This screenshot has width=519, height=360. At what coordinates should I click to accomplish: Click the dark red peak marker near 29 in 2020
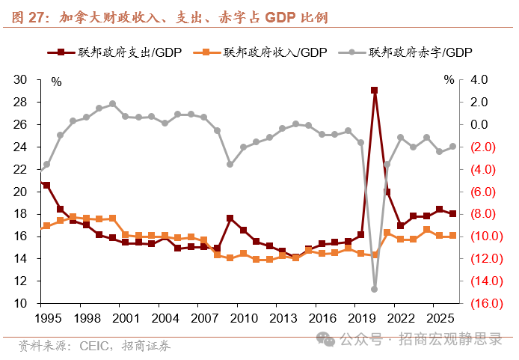(x=374, y=91)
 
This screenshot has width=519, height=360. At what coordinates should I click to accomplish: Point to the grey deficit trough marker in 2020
(x=374, y=289)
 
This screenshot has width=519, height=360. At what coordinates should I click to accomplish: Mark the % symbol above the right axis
(x=448, y=79)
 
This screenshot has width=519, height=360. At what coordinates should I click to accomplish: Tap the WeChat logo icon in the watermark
(x=326, y=339)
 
